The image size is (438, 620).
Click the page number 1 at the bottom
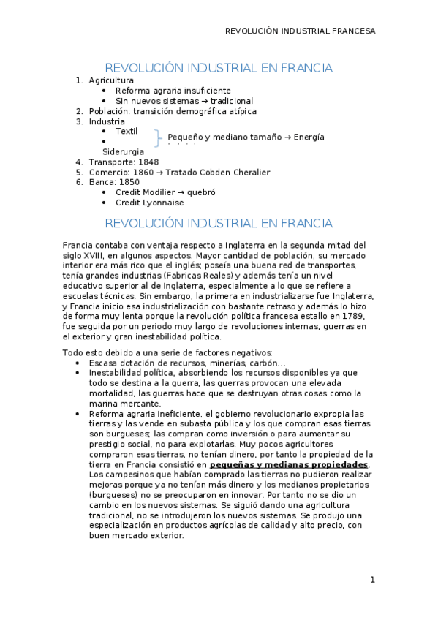tap(372, 580)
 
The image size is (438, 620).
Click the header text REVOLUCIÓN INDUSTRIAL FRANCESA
tap(300, 31)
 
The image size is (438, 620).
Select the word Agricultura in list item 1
tap(111, 80)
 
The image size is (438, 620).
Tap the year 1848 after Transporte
tap(148, 162)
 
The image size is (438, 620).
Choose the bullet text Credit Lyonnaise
tap(150, 203)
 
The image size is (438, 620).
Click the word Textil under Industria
tap(127, 132)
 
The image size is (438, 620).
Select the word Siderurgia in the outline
tap(123, 152)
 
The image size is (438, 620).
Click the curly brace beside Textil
tap(159, 137)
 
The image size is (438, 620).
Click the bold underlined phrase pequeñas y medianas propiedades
tap(289, 464)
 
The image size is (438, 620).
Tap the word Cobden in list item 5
tap(227, 173)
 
